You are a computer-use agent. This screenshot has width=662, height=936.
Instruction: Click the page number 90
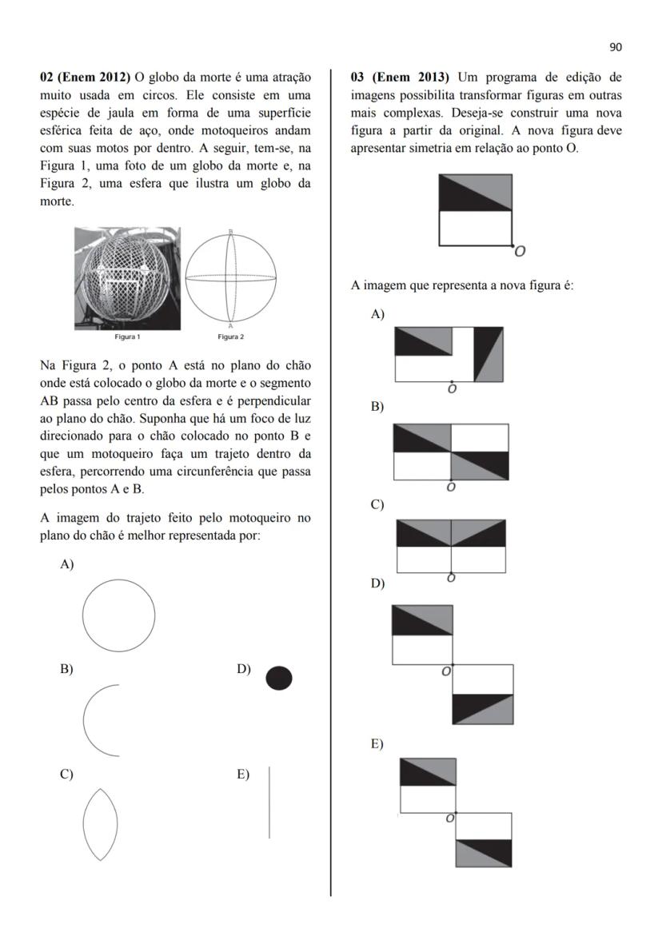point(615,47)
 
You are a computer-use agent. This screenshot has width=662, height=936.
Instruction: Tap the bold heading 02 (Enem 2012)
point(85,78)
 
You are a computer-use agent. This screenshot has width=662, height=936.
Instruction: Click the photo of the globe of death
point(127,277)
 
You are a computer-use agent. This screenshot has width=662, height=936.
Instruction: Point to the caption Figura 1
point(127,337)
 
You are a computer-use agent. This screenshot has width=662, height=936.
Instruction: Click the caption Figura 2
point(230,337)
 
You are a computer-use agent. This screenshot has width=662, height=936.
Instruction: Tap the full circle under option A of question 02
point(118,615)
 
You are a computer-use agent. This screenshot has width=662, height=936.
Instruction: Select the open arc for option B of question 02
point(100,720)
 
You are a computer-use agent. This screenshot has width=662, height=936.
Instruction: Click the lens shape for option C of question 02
point(100,824)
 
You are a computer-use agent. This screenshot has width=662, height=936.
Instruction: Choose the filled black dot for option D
point(279,679)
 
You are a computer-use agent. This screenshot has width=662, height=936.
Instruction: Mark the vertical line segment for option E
point(269,802)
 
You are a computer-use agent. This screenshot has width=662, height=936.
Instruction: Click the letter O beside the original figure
point(520,252)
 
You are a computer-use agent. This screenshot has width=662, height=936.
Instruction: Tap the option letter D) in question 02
point(244,669)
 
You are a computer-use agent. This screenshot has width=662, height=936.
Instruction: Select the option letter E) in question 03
point(377,744)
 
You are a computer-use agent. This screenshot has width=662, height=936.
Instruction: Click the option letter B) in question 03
point(377,407)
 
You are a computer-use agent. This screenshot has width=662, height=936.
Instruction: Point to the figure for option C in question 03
point(452,546)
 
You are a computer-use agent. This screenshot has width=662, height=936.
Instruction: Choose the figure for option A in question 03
point(449,354)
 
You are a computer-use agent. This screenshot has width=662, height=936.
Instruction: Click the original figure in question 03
point(476,210)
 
